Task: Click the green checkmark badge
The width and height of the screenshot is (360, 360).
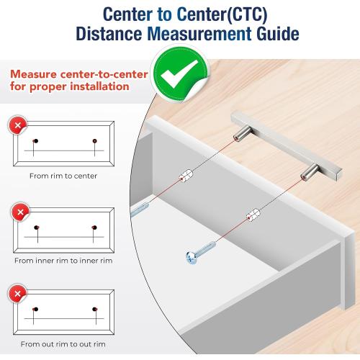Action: (x=181, y=73)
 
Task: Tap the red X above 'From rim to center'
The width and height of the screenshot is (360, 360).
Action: (x=18, y=125)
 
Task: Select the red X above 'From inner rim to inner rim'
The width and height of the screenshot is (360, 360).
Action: (x=21, y=212)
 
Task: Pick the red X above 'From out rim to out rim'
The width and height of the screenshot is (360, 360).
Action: (x=18, y=294)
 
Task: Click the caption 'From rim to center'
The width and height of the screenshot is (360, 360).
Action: (x=63, y=176)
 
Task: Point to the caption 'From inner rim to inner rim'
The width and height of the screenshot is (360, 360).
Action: (x=63, y=261)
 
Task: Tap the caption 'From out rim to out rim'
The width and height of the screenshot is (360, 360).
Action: (x=63, y=344)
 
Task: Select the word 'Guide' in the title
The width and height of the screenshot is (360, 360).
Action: (x=278, y=34)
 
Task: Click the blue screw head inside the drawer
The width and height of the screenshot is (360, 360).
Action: (x=192, y=258)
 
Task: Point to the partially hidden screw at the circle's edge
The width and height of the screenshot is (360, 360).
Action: (x=140, y=210)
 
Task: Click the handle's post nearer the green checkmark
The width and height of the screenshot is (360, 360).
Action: (x=242, y=134)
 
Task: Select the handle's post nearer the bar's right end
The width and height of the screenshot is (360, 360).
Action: (x=310, y=172)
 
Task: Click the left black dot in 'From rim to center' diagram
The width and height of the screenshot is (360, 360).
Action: (x=36, y=141)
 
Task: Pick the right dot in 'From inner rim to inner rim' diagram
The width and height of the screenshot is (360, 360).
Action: (x=94, y=228)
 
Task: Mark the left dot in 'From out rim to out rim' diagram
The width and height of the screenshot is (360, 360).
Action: (x=36, y=309)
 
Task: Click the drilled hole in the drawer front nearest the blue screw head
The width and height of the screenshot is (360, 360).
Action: (x=253, y=215)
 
